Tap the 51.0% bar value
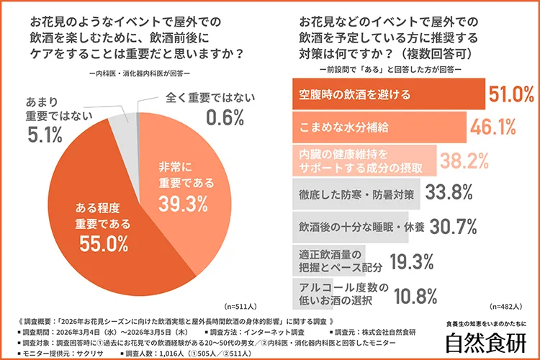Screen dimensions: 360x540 click(510, 94)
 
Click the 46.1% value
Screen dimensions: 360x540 click(493, 127)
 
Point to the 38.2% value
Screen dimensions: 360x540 click(464, 161)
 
